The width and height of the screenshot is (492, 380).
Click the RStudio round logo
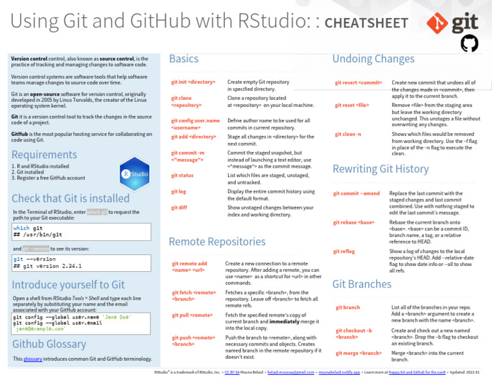tap(135, 172)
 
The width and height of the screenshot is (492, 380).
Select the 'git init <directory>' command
tap(193, 83)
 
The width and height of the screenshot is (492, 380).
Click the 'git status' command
tap(183, 176)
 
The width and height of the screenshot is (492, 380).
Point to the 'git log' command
tap(179, 192)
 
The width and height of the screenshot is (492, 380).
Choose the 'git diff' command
tap(179, 208)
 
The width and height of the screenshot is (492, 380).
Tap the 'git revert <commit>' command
tap(359, 83)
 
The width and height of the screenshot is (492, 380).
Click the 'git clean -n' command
tap(348, 135)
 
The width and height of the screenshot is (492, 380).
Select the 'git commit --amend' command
tap(356, 194)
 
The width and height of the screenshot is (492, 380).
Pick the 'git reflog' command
tap(344, 252)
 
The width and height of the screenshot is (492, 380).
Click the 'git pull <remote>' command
tap(192, 315)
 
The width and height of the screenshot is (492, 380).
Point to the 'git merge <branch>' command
tap(359, 353)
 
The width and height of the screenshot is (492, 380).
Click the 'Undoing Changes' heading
tap(373, 59)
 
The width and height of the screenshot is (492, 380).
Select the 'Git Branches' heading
tap(362, 284)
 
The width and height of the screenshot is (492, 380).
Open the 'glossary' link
tap(33, 359)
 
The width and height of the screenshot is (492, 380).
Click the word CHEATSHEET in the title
tap(366, 24)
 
